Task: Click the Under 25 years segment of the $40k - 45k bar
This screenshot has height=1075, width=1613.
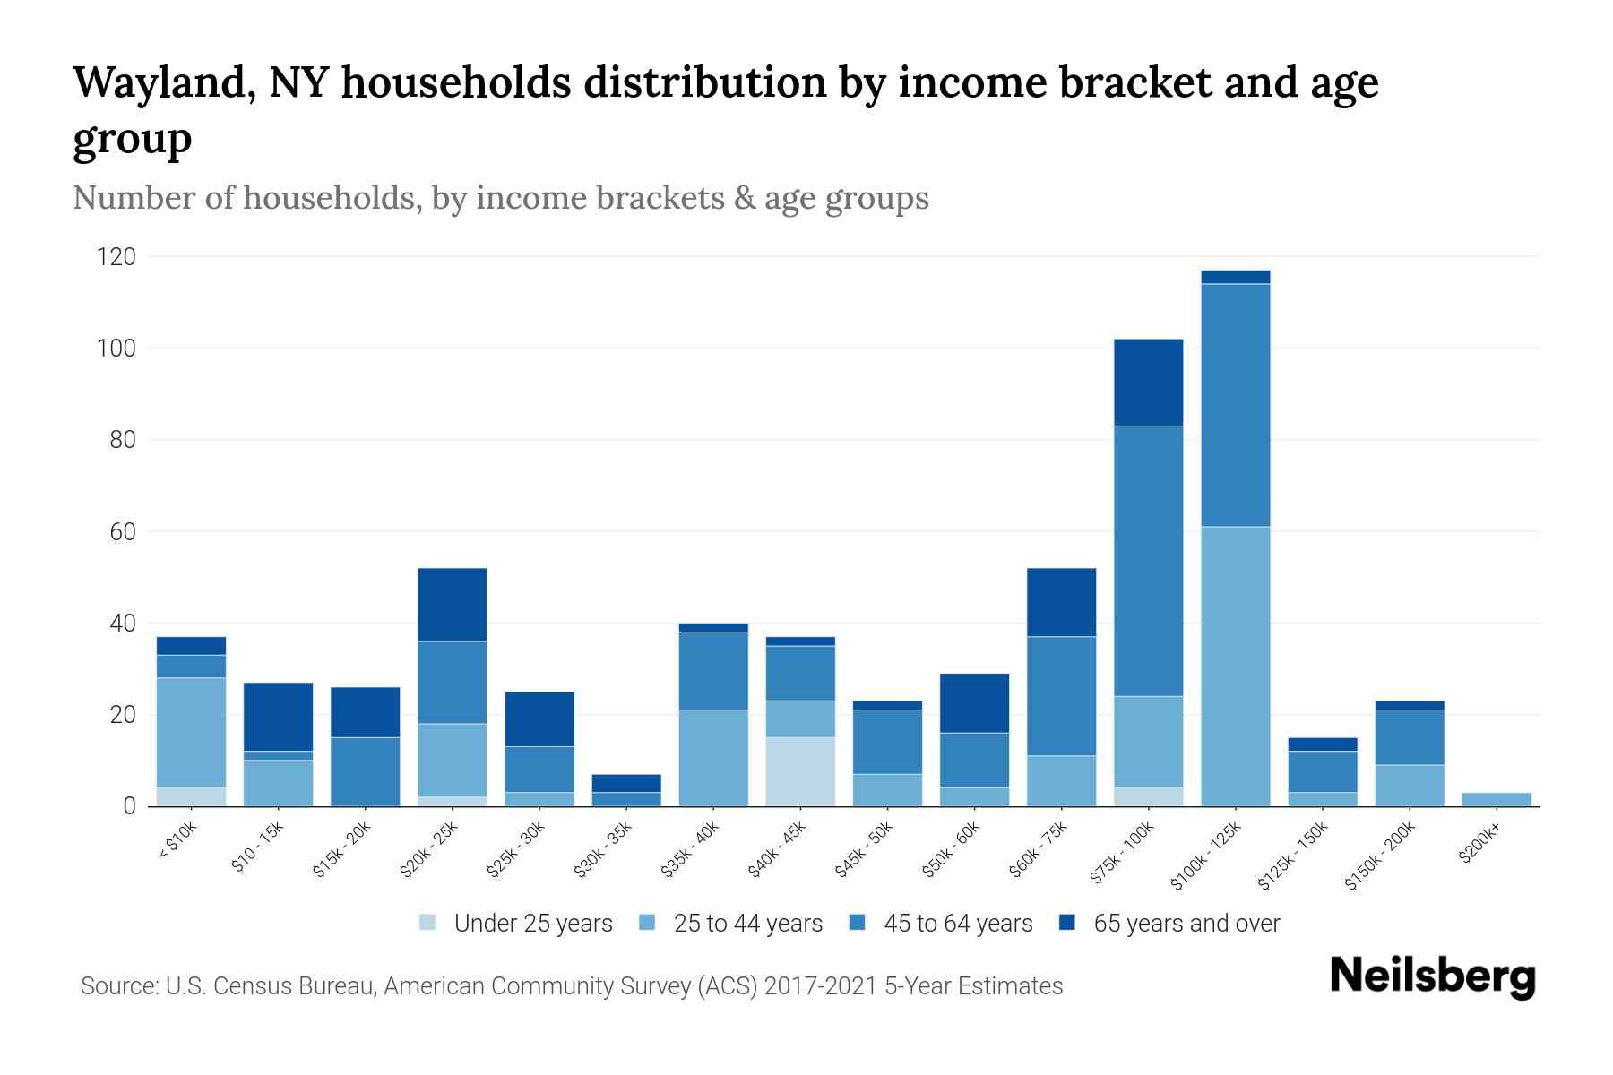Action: (x=800, y=771)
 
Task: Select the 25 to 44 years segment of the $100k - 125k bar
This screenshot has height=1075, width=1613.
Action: (x=1236, y=666)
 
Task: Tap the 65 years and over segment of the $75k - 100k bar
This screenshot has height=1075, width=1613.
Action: (x=1148, y=383)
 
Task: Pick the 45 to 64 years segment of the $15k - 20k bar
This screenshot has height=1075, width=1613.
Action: (x=366, y=771)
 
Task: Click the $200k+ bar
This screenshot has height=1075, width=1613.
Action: (x=1497, y=799)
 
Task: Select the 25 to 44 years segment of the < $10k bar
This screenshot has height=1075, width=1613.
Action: (x=192, y=732)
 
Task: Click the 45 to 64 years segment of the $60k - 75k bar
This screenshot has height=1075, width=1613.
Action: (x=1061, y=696)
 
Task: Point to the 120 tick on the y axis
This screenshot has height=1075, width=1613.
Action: (x=116, y=258)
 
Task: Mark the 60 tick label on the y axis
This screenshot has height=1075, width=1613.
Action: (x=123, y=532)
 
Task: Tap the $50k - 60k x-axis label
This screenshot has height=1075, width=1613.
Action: (x=952, y=848)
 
